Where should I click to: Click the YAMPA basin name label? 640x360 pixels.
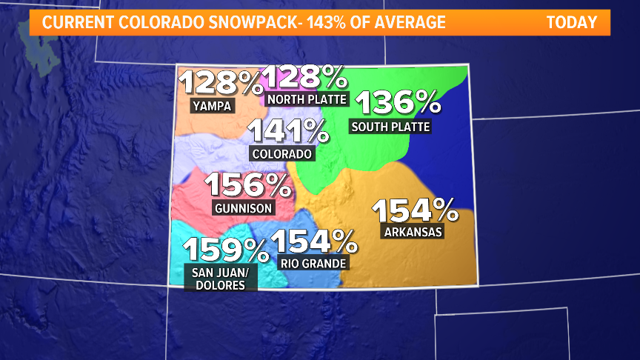coord(212,106)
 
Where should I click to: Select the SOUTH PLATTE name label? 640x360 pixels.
coord(390,127)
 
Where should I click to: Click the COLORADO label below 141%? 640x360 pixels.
coord(282,154)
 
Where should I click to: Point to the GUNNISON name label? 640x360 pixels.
coord(242,207)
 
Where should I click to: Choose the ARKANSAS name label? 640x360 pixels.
coord(413,232)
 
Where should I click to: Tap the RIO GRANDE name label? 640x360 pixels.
coord(313,262)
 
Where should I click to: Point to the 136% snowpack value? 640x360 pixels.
coord(398,103)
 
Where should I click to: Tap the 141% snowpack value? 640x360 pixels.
coord(288,132)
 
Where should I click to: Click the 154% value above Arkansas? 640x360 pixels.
coord(415,211)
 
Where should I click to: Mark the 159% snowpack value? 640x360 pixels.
coord(225,250)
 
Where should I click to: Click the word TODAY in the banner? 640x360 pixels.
coord(571,22)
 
